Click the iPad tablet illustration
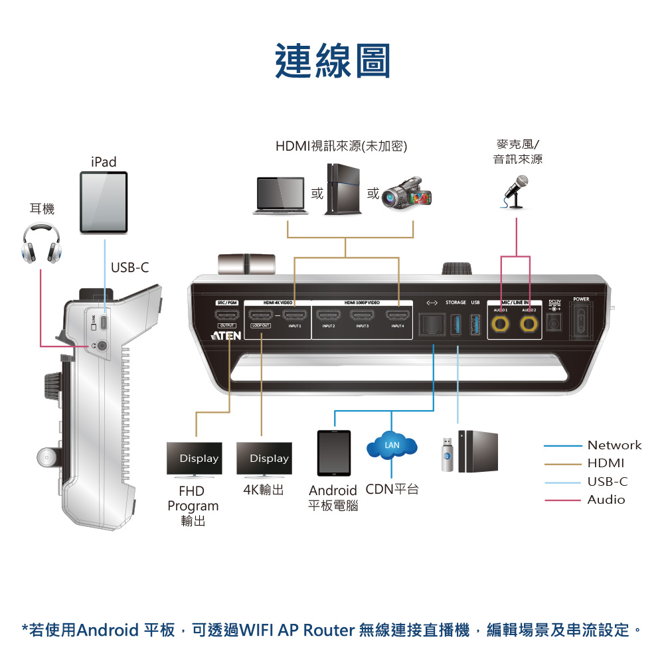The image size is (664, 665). [x=104, y=202]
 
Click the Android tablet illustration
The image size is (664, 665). [x=334, y=453]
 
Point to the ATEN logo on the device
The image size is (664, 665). [x=222, y=336]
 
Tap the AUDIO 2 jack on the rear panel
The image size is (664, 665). [x=529, y=323]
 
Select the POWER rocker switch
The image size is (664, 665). [x=581, y=319]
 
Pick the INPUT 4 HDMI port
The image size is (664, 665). [x=398, y=315]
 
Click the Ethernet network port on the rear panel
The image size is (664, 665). [x=433, y=325]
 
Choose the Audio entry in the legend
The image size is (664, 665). [x=606, y=500]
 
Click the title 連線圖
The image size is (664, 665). [x=333, y=61]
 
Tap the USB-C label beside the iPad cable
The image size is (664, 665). [x=130, y=267]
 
